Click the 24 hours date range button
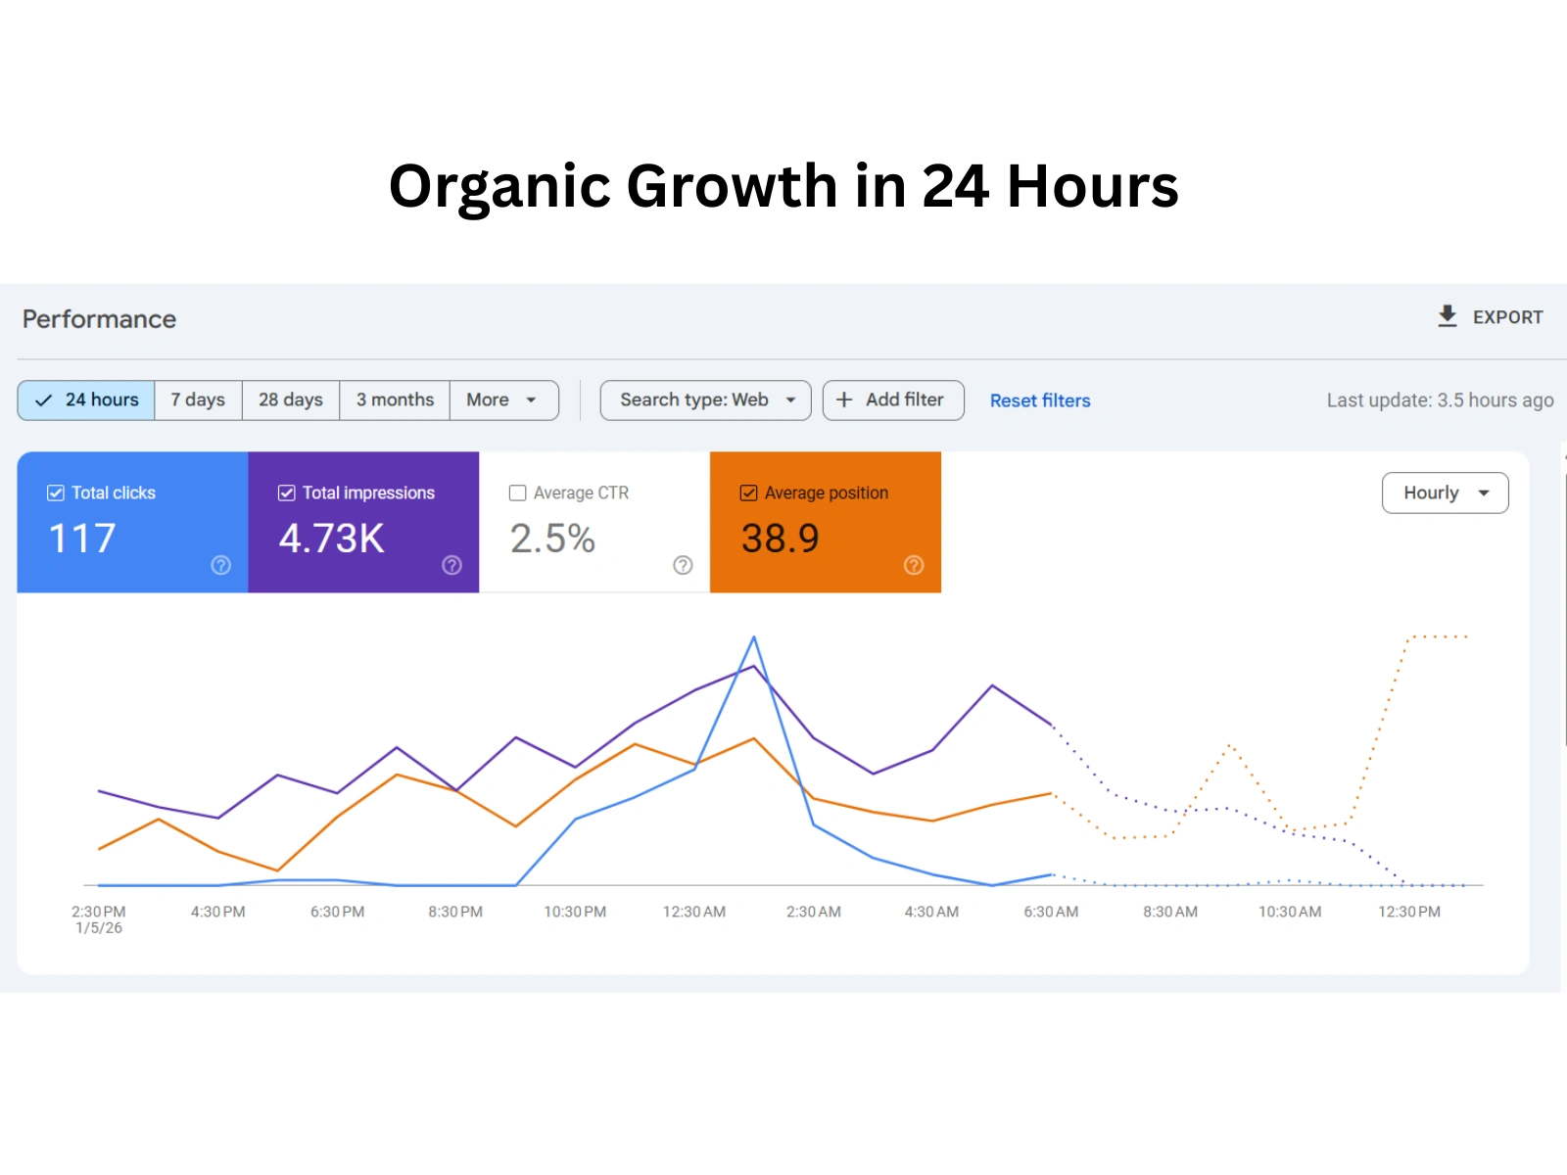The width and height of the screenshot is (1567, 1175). coord(87,400)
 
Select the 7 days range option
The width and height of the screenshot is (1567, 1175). coord(198,400)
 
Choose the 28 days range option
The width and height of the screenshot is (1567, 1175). coord(291,400)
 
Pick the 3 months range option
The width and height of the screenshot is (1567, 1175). coord(395,400)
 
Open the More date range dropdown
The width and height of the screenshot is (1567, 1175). coord(502,400)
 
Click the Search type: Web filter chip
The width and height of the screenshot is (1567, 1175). coord(705,400)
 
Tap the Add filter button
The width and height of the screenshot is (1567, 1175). coord(893,400)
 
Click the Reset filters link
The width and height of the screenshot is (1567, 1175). coord(1040,401)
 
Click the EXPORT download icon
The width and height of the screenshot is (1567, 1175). coord(1448,316)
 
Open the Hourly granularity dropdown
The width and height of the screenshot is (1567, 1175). coord(1445,493)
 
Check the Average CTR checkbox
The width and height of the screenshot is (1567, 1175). coord(518,493)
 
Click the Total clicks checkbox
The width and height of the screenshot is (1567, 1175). coord(56,493)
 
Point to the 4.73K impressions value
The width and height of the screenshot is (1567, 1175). coord(332,539)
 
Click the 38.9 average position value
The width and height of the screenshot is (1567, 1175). coord(781,539)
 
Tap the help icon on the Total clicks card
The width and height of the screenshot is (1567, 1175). coord(221,565)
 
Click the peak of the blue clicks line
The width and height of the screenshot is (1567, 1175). coord(754,637)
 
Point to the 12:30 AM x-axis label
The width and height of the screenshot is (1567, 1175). coord(694,912)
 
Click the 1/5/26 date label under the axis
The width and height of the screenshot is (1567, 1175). coord(99,928)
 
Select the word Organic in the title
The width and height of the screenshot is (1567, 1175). coord(499,186)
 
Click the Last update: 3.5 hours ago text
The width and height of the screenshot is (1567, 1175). coord(1440,400)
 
